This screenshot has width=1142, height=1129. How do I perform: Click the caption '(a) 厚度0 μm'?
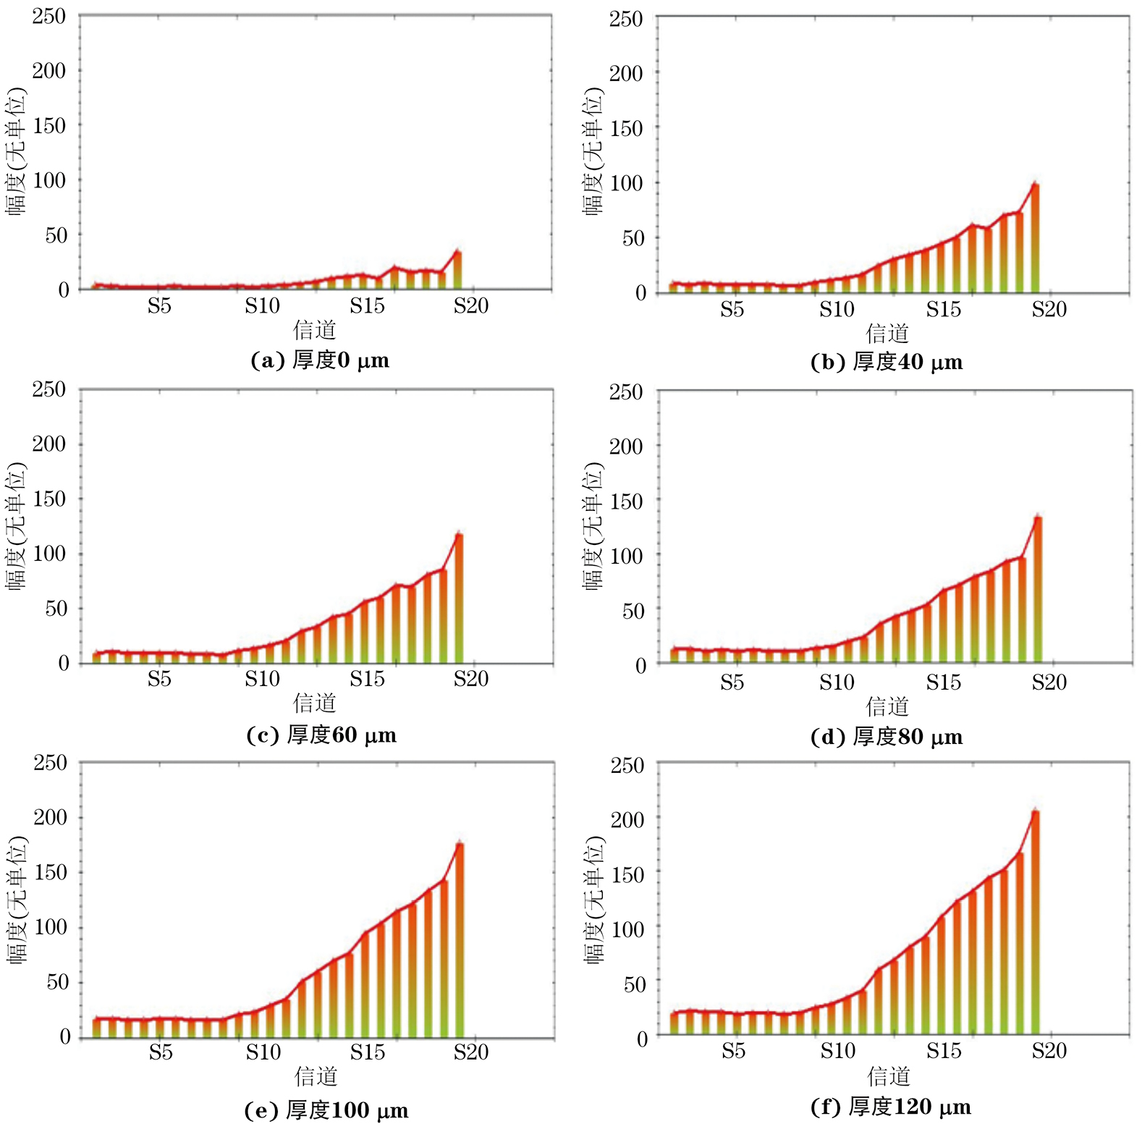tap(320, 360)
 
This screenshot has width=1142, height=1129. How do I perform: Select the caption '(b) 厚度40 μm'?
tap(887, 362)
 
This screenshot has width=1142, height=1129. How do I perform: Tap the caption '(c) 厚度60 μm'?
tap(321, 735)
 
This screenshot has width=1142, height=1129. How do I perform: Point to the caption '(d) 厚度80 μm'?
tap(887, 737)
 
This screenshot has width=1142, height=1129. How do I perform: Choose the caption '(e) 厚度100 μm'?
tap(326, 1110)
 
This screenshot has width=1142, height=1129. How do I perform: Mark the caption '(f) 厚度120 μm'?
tap(891, 1107)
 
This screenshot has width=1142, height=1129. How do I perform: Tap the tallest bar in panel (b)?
tap(1035, 239)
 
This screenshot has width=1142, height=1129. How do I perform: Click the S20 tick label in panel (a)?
tap(471, 306)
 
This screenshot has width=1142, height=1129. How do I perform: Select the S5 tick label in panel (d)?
tap(732, 682)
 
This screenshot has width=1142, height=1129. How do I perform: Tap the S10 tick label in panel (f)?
tap(837, 1050)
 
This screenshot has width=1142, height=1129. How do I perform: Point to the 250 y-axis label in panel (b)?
tap(625, 19)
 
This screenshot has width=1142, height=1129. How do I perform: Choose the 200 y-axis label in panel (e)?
tap(50, 817)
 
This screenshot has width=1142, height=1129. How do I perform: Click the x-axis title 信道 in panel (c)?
tap(315, 703)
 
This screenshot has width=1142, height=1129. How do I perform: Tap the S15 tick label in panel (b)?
tap(943, 310)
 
